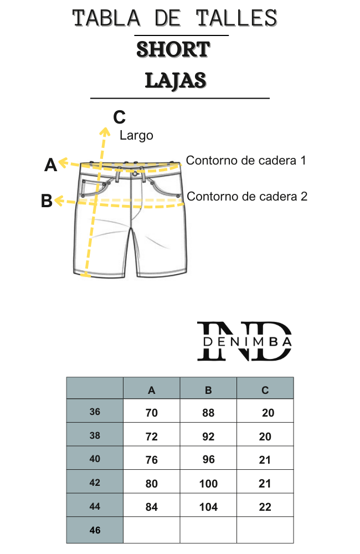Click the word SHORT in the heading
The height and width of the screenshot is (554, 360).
[x=173, y=49]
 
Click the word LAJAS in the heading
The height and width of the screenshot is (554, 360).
[x=176, y=80]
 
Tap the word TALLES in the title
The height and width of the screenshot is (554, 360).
[x=236, y=18]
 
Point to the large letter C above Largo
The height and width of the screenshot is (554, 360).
[x=120, y=117]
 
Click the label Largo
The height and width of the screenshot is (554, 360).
[x=136, y=136]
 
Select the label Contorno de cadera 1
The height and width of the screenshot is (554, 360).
[x=246, y=161]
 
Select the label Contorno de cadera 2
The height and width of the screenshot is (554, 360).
[x=247, y=197]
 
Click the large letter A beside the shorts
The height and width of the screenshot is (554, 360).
[x=50, y=165]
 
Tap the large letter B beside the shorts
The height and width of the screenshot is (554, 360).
[x=47, y=201]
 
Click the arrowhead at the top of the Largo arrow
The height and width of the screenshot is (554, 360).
[x=105, y=131]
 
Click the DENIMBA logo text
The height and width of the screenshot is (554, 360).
[x=248, y=342]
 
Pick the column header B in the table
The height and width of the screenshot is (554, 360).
[x=208, y=391]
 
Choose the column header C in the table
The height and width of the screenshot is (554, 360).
[x=265, y=391]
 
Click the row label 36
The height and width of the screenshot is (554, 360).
[x=95, y=412]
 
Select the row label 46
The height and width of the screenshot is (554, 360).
[x=95, y=530]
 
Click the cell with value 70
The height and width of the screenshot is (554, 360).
[x=152, y=413]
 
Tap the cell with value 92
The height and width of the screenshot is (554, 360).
[x=208, y=437]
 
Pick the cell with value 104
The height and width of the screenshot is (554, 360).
[x=208, y=507]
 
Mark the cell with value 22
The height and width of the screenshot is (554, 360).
[x=265, y=507]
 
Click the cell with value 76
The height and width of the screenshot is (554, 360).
[x=152, y=460]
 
